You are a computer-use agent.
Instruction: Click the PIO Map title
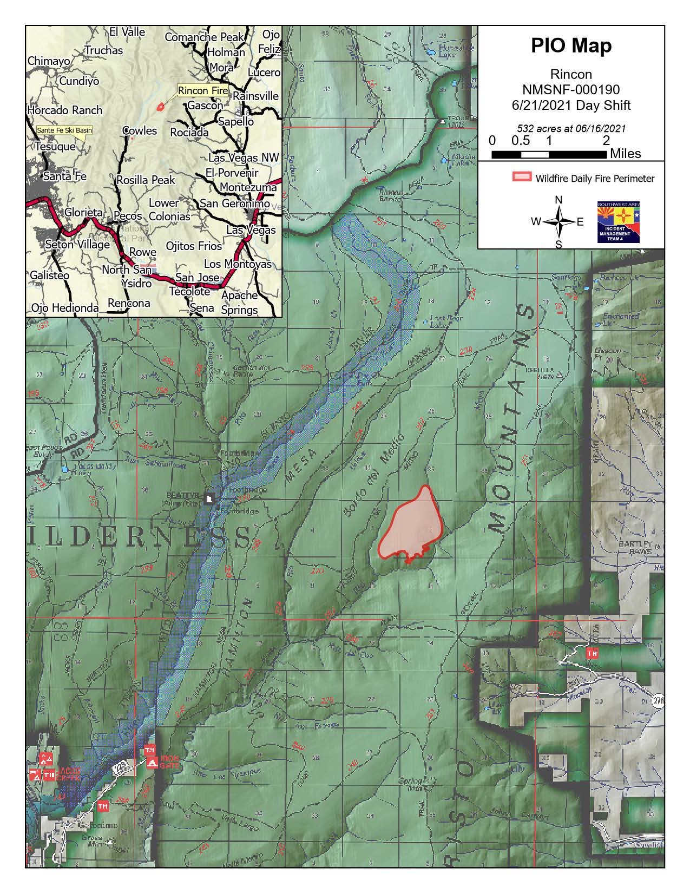(571, 45)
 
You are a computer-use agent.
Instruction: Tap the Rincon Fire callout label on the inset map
(202, 90)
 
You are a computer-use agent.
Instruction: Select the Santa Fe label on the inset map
(64, 176)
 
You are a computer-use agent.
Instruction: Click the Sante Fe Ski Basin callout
(64, 130)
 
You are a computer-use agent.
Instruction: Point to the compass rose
(558, 222)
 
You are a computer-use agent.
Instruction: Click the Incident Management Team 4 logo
(619, 222)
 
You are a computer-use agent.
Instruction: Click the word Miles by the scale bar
(625, 154)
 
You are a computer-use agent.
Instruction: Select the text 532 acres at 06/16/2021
(571, 129)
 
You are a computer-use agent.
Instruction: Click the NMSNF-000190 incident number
(571, 89)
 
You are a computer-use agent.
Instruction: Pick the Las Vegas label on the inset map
(251, 230)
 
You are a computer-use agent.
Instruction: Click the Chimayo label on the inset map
(49, 61)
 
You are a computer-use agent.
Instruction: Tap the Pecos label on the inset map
(128, 216)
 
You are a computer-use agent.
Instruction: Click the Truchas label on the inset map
(103, 50)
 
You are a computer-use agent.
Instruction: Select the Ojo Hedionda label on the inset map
(64, 308)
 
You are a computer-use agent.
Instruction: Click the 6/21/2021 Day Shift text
(571, 105)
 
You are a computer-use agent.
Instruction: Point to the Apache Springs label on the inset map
(239, 303)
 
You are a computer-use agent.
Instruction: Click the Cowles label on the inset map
(140, 131)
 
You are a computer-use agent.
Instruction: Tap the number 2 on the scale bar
(606, 141)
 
